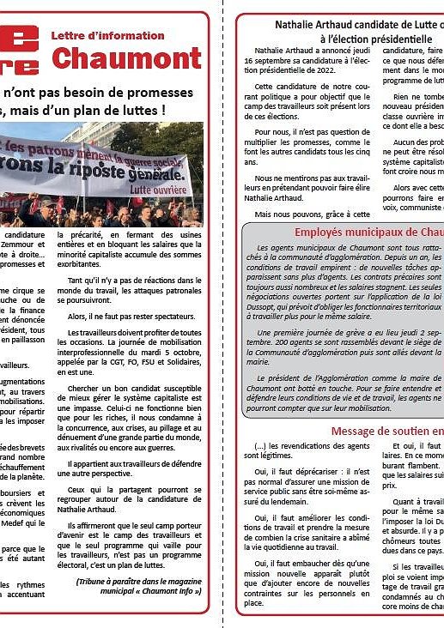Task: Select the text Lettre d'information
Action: pos(107,35)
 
